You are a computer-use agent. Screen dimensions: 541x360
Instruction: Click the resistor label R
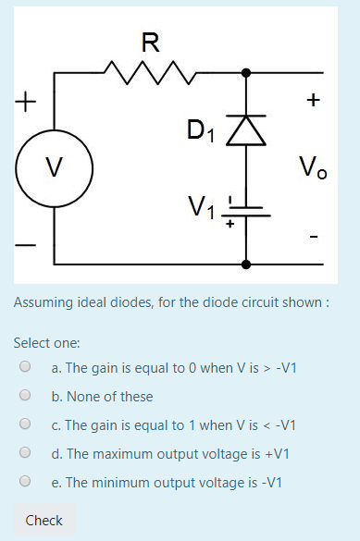point(150,42)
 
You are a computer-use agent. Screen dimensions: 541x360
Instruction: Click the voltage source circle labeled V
point(54,167)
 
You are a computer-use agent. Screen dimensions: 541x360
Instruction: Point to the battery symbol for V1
point(246,210)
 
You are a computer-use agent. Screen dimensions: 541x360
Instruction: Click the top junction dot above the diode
point(246,72)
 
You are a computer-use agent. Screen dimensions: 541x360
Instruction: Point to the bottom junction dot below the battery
point(246,264)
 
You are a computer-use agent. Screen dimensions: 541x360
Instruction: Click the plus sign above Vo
point(314,98)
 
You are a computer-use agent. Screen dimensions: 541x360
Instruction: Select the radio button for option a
point(25,367)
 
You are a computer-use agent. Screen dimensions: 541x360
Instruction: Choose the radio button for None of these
point(25,396)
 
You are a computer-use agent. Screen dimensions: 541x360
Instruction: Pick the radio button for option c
point(25,424)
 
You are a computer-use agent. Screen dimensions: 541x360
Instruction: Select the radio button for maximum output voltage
point(25,453)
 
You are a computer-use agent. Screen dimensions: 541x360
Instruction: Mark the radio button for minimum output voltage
point(25,482)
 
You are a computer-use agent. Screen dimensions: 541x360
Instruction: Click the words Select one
point(46,342)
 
